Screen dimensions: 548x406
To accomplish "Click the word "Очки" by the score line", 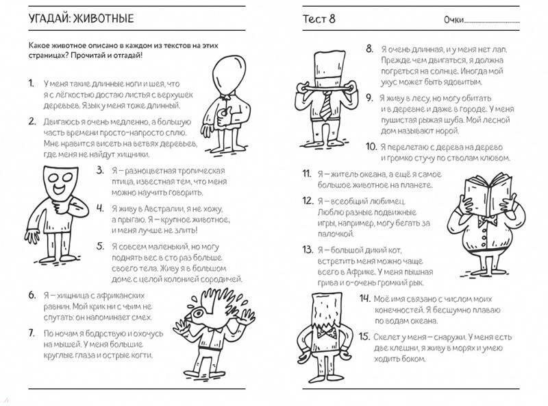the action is click(454, 19).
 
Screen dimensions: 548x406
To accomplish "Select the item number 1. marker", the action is click(30, 83).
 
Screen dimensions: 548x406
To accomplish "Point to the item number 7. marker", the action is click(30, 333).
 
